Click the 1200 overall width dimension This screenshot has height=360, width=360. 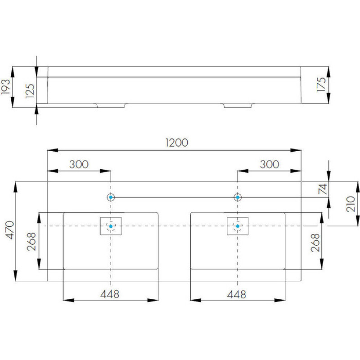pos(177,143)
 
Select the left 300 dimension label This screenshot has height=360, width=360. pos(79,164)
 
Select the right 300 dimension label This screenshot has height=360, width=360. pos(269,164)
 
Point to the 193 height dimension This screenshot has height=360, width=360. pos(5,86)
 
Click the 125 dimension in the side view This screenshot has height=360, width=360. pos(30,91)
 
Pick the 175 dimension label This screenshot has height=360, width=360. pos(321,85)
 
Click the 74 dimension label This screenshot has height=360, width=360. pos(323,189)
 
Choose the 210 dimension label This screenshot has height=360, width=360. pos(351,204)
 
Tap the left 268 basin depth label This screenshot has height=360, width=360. pos(31,241)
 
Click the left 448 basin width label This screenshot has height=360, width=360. pos(110,294)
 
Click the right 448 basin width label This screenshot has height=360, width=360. pos(237,294)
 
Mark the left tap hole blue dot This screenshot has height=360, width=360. pos(111,197)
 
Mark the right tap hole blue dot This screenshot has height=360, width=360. pos(238,197)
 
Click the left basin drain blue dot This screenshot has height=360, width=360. pos(111,226)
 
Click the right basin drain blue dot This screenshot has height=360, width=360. pos(238,226)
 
